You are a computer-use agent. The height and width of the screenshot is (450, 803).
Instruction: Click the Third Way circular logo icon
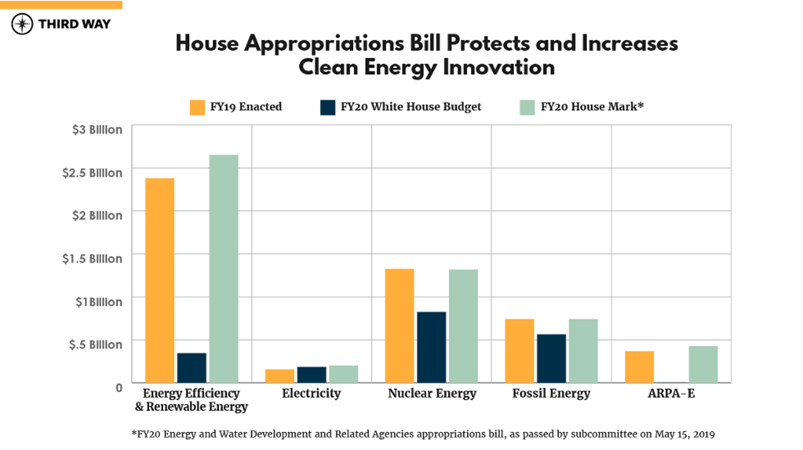click(22, 24)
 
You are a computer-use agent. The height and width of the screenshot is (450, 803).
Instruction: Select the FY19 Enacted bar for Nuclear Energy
click(399, 325)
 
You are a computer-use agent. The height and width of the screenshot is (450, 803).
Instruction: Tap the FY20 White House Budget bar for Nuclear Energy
click(431, 347)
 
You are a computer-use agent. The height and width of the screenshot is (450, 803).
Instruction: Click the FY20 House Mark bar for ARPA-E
click(703, 364)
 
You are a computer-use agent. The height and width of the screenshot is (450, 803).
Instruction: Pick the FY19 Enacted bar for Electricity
click(279, 376)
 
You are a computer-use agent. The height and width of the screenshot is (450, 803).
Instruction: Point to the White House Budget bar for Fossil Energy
click(551, 358)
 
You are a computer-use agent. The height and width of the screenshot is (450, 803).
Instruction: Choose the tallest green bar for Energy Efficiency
click(224, 268)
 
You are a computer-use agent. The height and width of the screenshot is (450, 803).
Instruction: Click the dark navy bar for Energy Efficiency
click(192, 368)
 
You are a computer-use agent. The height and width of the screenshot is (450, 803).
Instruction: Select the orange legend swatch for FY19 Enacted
click(197, 107)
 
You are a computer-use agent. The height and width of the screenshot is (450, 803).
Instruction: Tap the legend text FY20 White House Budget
click(411, 107)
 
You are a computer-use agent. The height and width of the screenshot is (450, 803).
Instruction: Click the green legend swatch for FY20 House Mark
click(527, 107)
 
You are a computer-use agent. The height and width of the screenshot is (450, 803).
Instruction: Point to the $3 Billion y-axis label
click(97, 130)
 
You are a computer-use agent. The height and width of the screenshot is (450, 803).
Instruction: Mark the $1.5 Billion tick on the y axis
click(92, 259)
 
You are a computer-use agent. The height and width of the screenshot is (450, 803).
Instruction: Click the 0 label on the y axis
click(119, 388)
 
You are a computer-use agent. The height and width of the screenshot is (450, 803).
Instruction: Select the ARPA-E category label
click(671, 393)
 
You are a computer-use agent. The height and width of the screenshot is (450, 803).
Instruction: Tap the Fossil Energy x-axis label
click(551, 393)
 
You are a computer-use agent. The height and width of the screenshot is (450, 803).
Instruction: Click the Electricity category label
click(311, 393)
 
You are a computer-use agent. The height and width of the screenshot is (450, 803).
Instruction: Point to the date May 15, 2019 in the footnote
click(684, 434)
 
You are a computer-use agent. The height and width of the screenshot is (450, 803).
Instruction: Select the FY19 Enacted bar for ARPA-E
click(639, 367)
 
